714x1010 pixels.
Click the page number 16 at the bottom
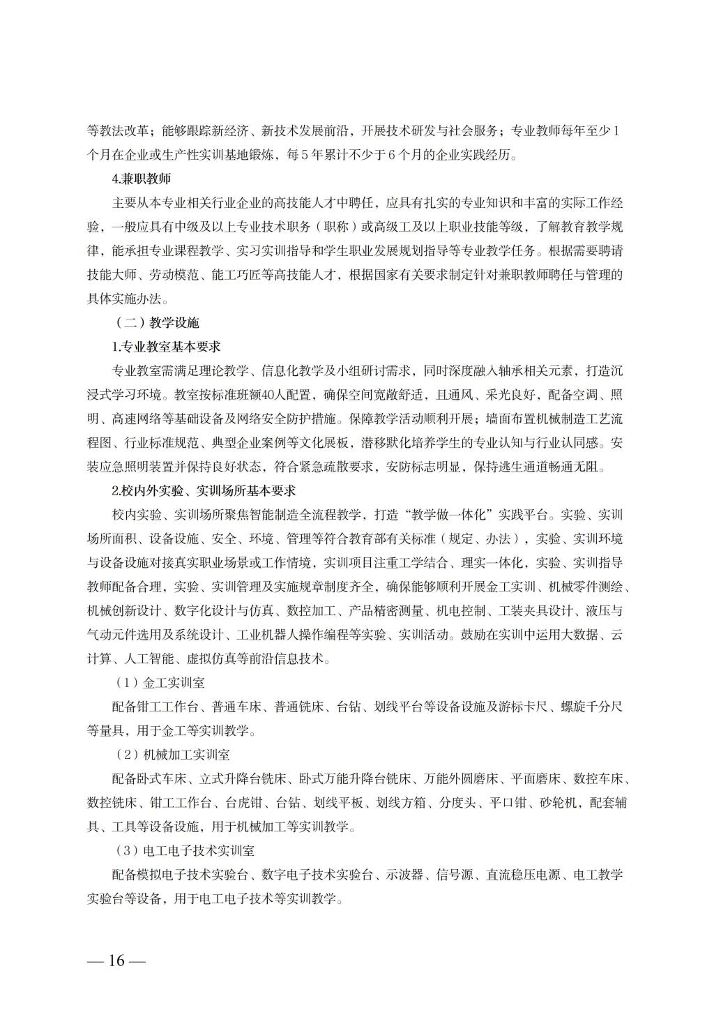click(116, 960)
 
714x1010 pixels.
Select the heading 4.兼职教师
click(142, 179)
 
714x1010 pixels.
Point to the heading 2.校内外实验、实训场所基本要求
click(204, 490)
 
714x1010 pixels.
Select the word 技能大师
click(111, 275)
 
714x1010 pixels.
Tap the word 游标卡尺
click(523, 707)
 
